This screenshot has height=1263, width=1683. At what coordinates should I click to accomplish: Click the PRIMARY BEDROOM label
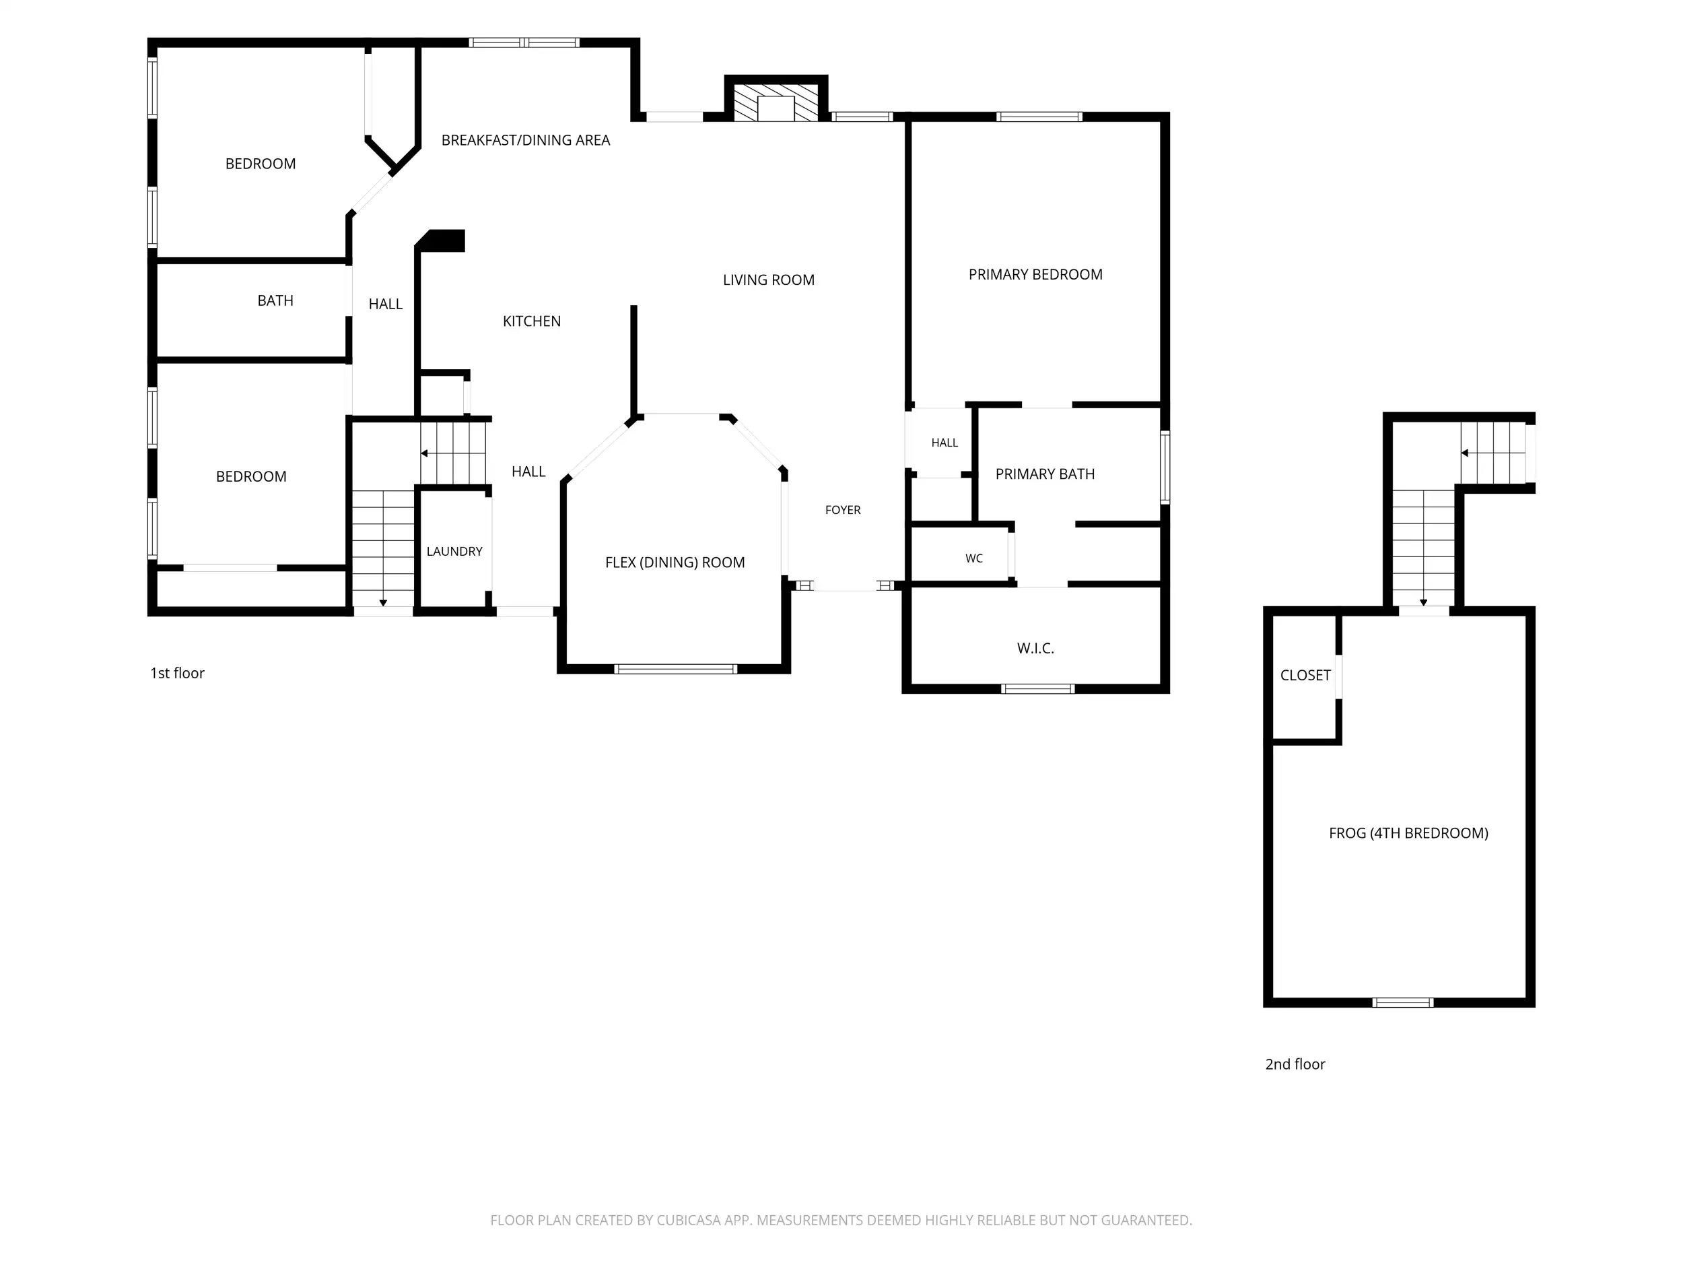point(1035,275)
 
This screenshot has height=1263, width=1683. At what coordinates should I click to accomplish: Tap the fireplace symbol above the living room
point(776,100)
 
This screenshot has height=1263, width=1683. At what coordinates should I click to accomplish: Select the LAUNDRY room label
point(454,551)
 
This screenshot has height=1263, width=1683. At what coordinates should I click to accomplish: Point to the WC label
point(974,558)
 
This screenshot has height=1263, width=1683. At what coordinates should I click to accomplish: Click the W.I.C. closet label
point(1035,649)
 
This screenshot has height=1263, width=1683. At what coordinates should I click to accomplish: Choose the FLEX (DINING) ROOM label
point(675,562)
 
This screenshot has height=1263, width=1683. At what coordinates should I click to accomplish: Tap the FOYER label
point(843,510)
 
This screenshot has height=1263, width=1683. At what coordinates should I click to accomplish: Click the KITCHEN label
point(532,321)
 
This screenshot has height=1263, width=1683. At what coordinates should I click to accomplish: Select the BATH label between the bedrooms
point(275,300)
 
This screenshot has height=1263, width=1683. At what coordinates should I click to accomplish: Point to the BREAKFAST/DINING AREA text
point(526,140)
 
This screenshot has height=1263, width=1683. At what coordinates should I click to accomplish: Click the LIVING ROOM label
point(769,280)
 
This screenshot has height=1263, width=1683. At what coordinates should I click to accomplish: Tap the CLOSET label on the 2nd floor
point(1305,675)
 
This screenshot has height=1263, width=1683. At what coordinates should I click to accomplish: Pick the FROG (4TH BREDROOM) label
point(1408,833)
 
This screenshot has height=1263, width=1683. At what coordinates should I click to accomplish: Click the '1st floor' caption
point(177,673)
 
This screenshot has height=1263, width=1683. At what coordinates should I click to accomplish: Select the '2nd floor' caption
point(1295,1064)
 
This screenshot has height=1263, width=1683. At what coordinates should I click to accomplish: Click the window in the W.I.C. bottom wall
point(1038,689)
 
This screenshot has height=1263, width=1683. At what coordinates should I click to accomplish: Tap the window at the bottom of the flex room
point(676,669)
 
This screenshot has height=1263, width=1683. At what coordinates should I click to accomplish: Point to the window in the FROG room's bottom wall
point(1403,1002)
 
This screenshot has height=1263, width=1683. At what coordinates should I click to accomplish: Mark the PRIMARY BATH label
point(1045,474)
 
